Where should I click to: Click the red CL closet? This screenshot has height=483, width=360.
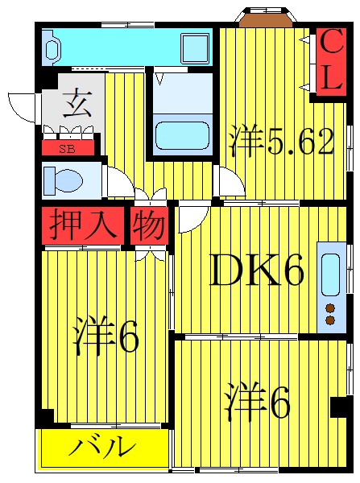[329, 62]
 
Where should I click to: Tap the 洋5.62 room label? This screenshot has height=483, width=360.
[279, 143]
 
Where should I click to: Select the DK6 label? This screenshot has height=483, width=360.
[257, 274]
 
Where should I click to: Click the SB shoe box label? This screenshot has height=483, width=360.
[68, 149]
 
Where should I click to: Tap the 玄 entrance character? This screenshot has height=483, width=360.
[72, 105]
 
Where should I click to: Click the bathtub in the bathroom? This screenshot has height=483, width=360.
[181, 135]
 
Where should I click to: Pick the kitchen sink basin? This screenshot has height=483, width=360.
[331, 274]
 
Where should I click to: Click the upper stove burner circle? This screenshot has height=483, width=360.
[330, 308]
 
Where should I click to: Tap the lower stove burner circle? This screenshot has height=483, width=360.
[330, 320]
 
